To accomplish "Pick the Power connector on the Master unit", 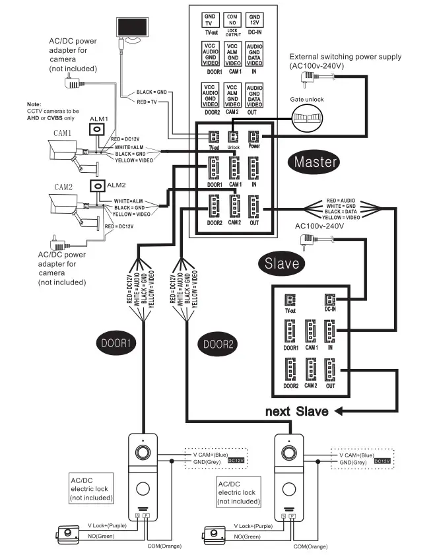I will pos(254,137).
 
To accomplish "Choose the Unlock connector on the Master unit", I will pos(233,137).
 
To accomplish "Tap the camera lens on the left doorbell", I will pos(142,453).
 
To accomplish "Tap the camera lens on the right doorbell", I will pos(289,453).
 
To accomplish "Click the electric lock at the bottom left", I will pos(66,533).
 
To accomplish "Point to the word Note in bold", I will pos(34,104).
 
